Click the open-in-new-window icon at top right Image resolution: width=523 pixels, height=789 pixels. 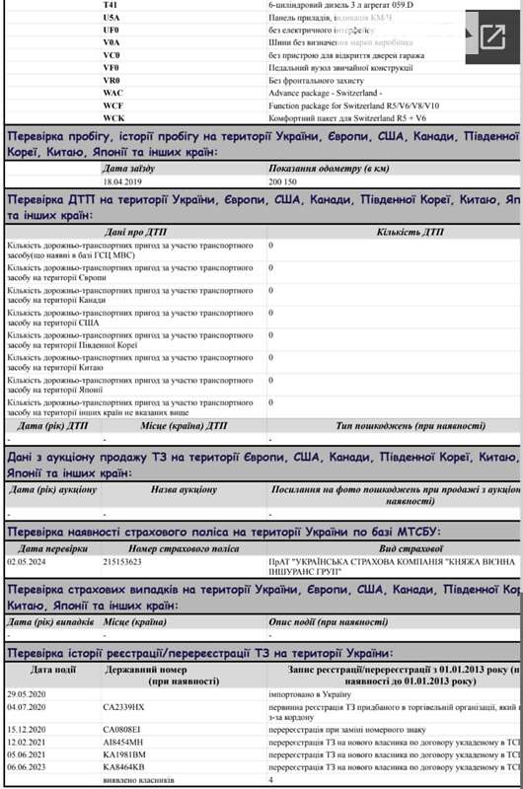point(491,37)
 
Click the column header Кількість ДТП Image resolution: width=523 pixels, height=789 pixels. point(411,233)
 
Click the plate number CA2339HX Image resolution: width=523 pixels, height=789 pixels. point(123,707)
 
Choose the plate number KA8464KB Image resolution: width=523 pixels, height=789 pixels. point(123,766)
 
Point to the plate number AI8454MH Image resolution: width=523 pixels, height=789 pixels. point(123,741)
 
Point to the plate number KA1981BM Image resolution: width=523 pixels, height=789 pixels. point(123,753)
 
